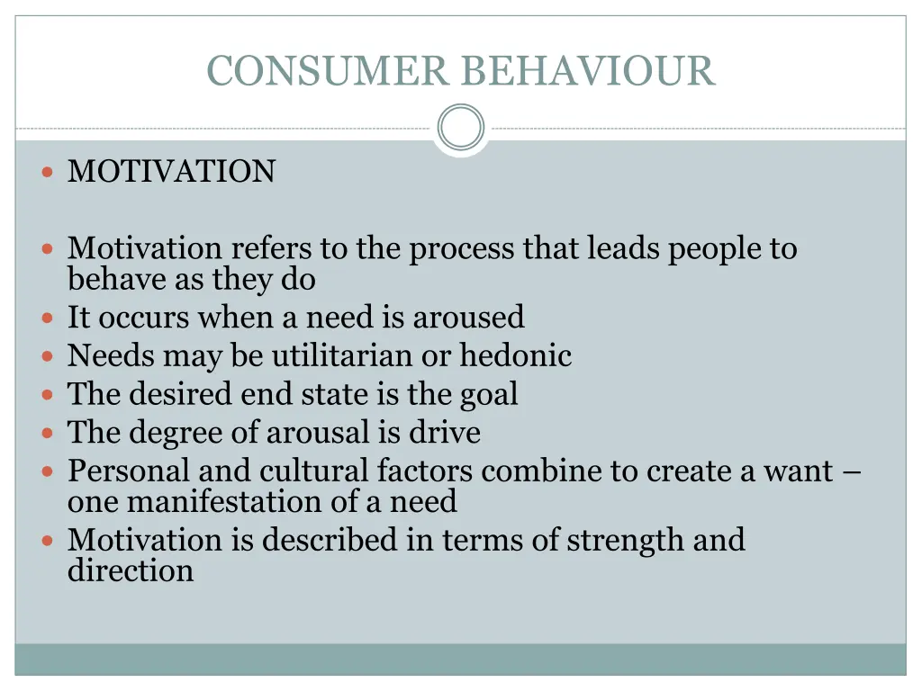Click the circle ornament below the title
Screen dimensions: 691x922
pos(460,128)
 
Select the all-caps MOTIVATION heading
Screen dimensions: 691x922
pos(171,171)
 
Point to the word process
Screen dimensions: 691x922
pos(461,249)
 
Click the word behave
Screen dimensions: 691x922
pos(117,280)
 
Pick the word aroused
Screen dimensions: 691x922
pos(468,317)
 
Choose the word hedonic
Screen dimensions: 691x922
pos(516,355)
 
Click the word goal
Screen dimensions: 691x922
pos(490,394)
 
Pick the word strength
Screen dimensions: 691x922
pos(625,540)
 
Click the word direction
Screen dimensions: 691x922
pos(131,570)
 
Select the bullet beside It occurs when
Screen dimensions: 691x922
pos(48,318)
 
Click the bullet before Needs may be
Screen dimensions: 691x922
pos(48,356)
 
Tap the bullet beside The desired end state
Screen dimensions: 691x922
pos(48,395)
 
